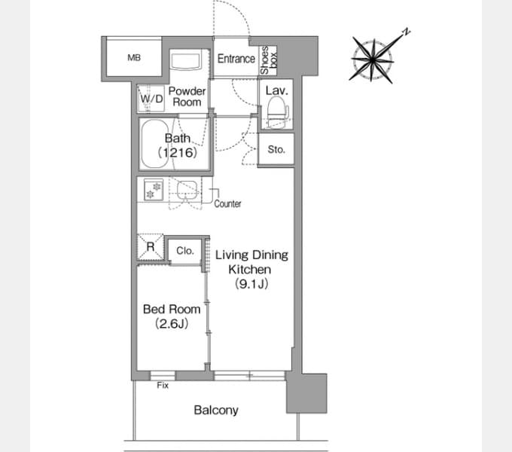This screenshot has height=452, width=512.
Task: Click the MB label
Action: click(134, 58)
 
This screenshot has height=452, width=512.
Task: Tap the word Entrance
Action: click(236, 59)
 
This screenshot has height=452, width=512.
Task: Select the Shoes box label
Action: click(269, 60)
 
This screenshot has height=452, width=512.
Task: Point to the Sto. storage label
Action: click(276, 150)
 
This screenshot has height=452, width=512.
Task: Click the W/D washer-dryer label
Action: click(151, 98)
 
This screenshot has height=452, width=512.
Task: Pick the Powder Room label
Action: click(187, 96)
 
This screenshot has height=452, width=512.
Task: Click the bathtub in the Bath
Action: click(156, 144)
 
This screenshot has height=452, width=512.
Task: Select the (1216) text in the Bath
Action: click(178, 152)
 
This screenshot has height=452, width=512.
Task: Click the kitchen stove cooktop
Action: click(154, 189)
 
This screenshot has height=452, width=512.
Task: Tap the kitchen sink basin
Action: click(187, 190)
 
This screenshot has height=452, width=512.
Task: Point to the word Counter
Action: click(227, 204)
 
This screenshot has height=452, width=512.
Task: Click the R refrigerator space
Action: click(151, 247)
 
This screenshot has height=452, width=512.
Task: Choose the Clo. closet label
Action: click(185, 251)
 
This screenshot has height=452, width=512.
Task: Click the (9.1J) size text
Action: click(251, 284)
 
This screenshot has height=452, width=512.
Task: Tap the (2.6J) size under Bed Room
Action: click(172, 324)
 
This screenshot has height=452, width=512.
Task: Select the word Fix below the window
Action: click(163, 386)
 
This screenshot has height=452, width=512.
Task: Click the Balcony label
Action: click(216, 411)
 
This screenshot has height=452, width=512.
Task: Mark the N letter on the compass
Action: click(406, 32)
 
